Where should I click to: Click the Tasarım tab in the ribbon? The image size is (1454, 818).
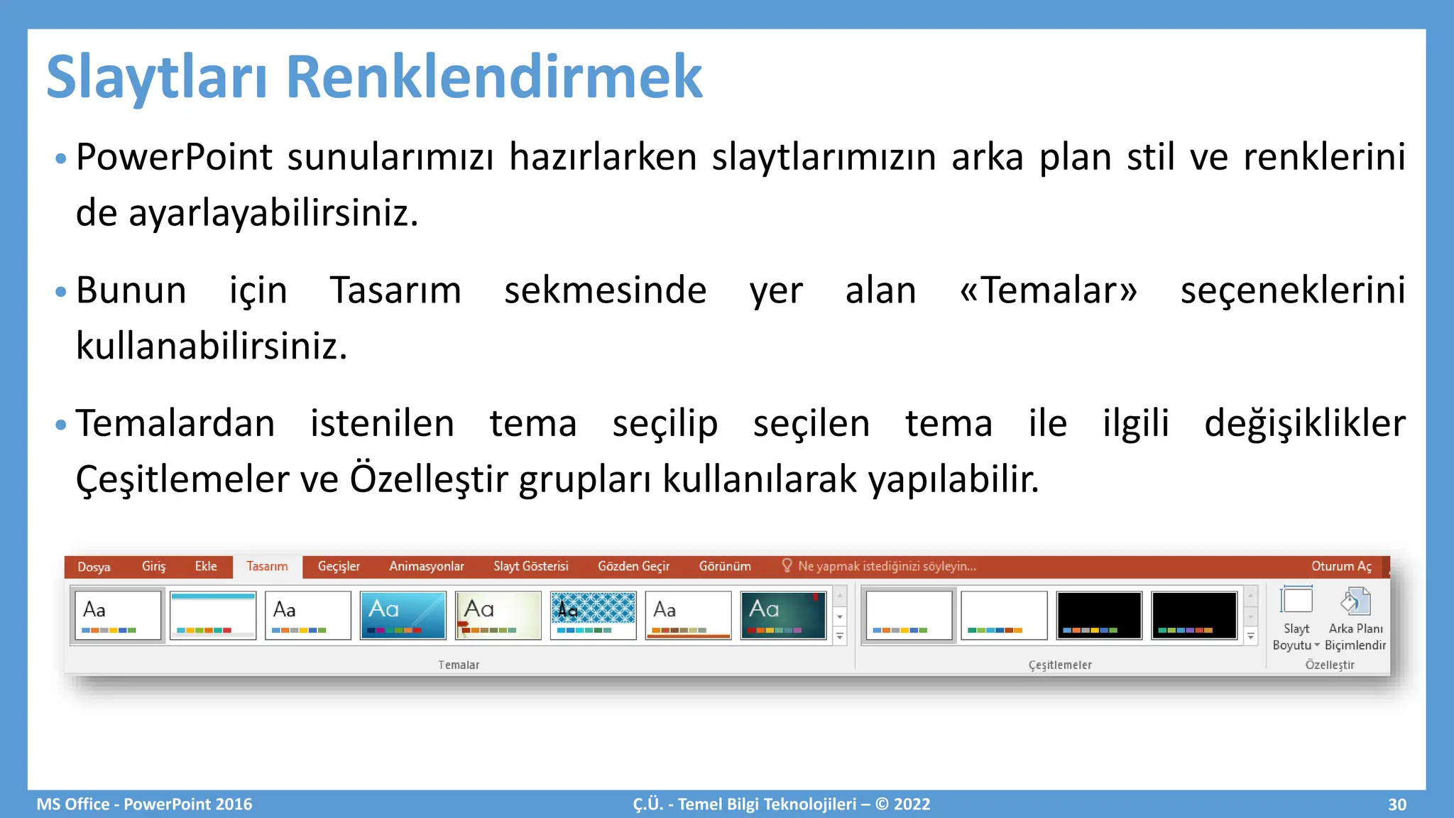coord(267,566)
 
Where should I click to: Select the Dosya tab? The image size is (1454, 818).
coord(94,567)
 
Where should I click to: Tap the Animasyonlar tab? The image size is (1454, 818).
coord(426,566)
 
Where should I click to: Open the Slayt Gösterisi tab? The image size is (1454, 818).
coord(530,566)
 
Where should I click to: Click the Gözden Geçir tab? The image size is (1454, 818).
coord(633,566)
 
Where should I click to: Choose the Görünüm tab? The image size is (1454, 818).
coord(724,566)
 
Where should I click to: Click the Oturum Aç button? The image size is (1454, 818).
coord(1340,566)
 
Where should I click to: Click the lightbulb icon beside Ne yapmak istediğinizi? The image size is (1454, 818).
coord(787,565)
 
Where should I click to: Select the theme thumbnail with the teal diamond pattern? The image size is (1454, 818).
coord(593,615)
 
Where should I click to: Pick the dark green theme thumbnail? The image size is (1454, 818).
coord(783,615)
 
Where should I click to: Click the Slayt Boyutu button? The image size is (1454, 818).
coord(1296,618)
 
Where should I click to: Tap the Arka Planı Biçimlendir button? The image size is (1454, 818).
coord(1355,618)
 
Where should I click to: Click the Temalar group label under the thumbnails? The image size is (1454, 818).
coord(459,665)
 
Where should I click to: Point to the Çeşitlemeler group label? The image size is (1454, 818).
coord(1059,665)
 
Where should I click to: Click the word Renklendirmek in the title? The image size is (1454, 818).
coord(494,77)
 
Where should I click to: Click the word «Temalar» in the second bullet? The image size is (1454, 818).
coord(1048,290)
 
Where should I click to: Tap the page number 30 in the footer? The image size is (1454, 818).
coord(1396,804)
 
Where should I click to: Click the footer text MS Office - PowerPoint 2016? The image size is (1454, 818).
coord(144,804)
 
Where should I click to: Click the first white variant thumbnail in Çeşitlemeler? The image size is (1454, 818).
coord(909,615)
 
